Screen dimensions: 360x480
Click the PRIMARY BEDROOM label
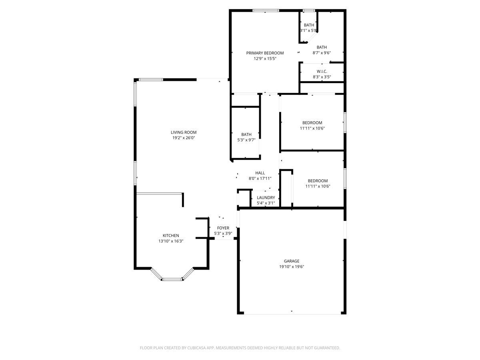click(265, 53)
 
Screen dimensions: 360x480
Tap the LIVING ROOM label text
click(184, 132)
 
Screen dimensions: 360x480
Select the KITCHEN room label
click(171, 236)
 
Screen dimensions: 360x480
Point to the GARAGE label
click(292, 261)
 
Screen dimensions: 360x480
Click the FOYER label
click(223, 228)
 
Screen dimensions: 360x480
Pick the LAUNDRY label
click(266, 198)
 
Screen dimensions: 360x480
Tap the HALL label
click(260, 173)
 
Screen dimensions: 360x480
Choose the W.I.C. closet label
click(322, 71)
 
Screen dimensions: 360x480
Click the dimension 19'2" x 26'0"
click(184, 138)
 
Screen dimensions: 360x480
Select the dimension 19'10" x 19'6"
click(292, 267)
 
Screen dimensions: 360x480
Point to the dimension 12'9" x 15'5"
click(265, 58)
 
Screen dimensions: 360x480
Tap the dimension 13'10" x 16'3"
click(171, 241)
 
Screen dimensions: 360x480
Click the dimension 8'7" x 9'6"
click(322, 53)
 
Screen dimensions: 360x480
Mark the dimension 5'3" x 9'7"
click(246, 140)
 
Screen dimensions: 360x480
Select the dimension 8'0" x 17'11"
click(260, 178)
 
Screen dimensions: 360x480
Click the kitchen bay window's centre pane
click(173, 279)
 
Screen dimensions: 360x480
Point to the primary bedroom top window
click(266, 11)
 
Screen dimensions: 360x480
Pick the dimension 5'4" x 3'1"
click(266, 203)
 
